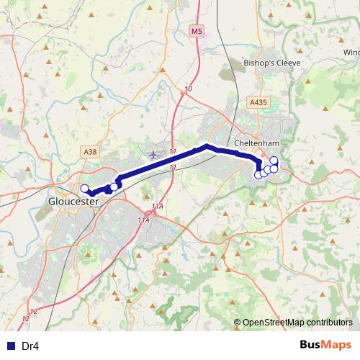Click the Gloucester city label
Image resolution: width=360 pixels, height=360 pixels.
coord(73,202)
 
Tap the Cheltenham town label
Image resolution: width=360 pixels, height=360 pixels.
coord(256,143)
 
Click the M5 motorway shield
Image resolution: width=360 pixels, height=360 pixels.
coord(197,30)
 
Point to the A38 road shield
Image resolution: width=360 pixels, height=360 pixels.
coord(89,151)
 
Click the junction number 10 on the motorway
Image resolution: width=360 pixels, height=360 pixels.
coord(188,89)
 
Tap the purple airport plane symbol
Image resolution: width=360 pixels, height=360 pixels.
coord(153,154)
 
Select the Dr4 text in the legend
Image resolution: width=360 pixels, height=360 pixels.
coord(30,346)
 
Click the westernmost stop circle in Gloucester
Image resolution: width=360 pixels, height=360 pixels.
coord(84,189)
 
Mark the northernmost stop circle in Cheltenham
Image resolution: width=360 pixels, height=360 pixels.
coord(274,161)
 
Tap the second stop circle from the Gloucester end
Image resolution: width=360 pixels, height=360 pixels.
coord(114,187)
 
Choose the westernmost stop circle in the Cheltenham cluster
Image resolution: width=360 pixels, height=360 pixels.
coord(258,174)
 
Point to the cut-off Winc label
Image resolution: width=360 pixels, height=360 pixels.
coord(351,53)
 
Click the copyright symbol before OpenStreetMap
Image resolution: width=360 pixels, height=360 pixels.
coord(238,322)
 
